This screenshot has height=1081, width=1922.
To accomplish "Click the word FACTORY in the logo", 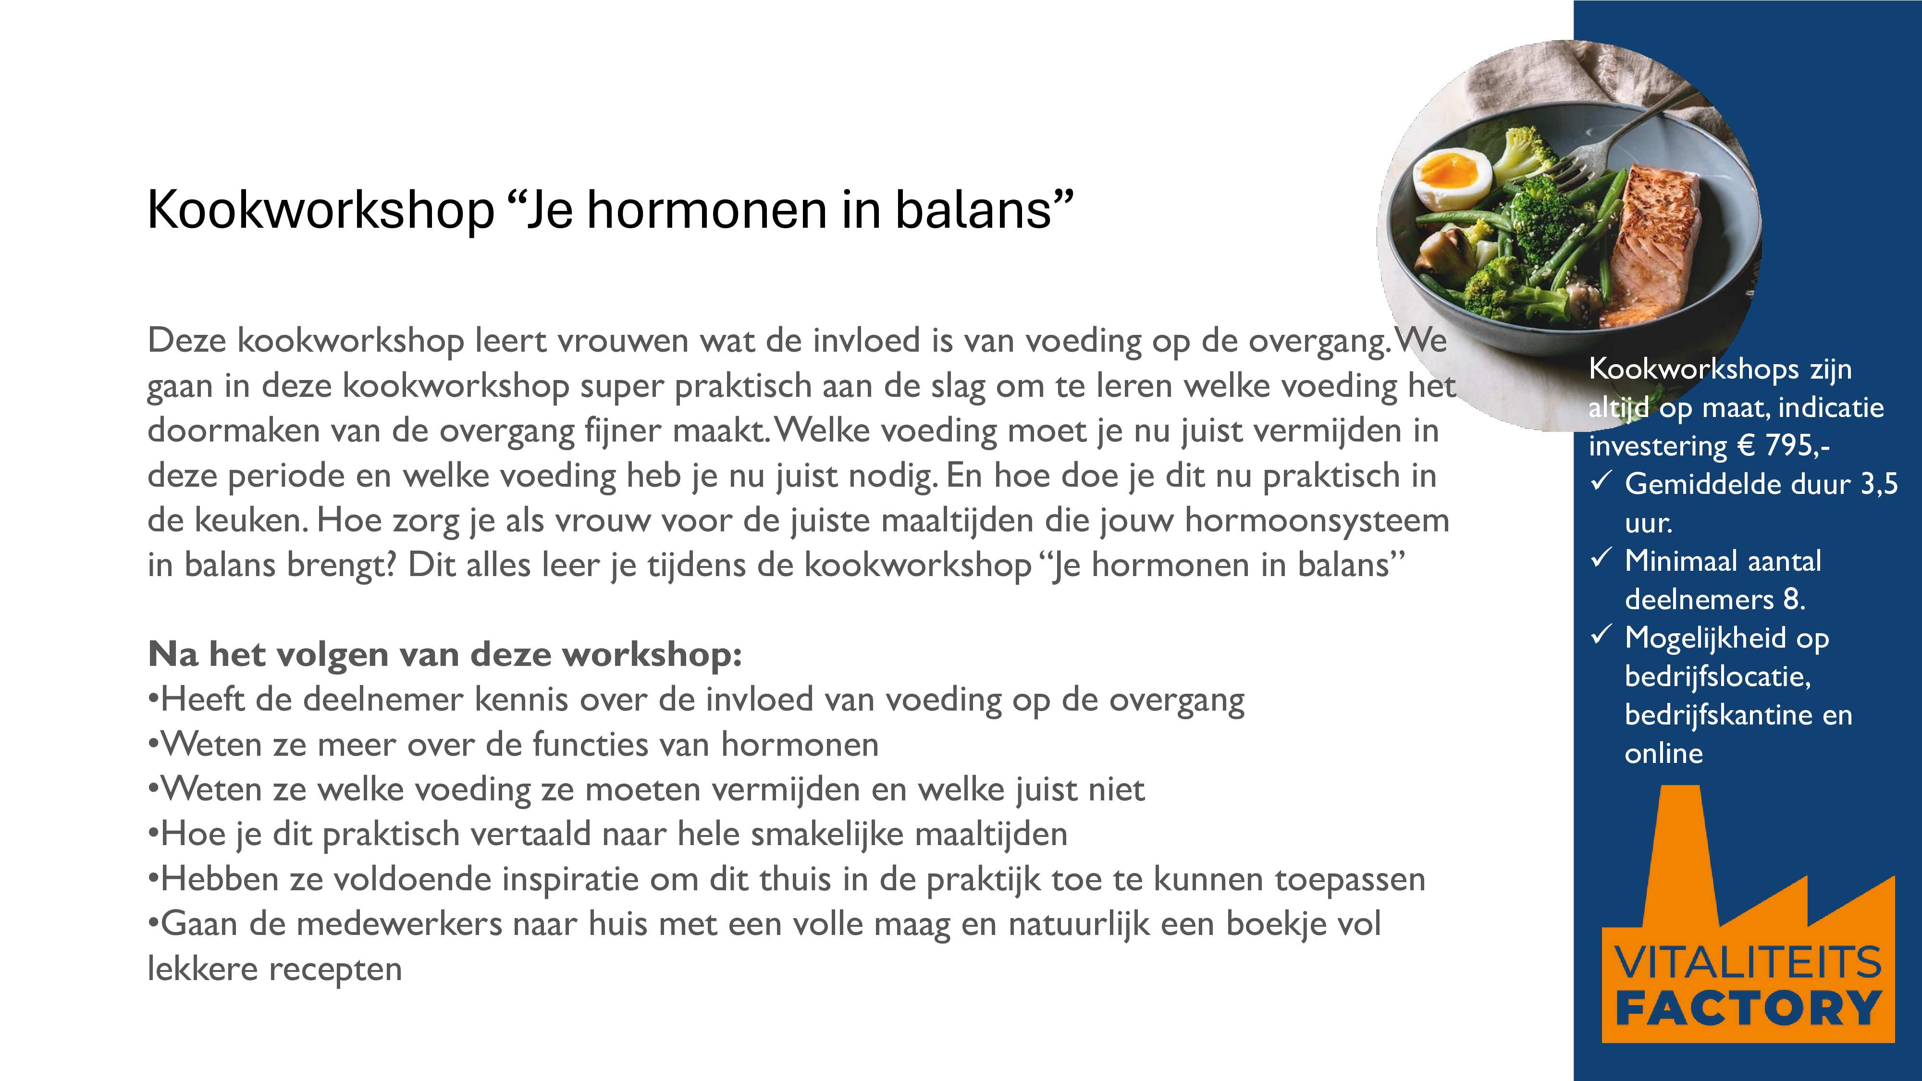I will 1748,1008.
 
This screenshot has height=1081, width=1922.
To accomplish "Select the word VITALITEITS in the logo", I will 1748,962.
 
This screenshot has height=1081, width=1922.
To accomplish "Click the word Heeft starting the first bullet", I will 202,700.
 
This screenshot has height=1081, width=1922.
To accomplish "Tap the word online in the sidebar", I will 1664,753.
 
